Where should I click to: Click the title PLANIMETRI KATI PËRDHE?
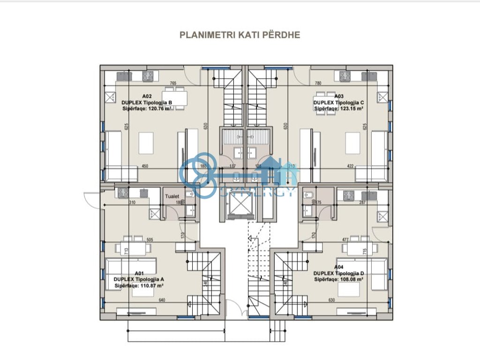click(240, 35)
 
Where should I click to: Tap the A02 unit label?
click(146, 96)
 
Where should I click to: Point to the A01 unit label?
click(139, 273)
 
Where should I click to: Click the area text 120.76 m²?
click(159, 108)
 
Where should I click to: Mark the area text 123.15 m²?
click(352, 108)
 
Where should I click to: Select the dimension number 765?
click(173, 83)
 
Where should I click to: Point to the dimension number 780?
click(318, 83)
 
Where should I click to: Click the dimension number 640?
click(163, 300)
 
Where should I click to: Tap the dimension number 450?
click(145, 166)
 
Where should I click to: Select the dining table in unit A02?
click(175, 97)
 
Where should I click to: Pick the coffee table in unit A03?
click(352, 142)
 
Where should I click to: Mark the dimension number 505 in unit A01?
click(150, 240)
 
